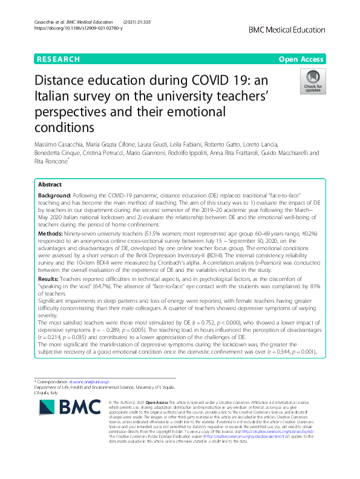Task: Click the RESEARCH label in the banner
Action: click(x=58, y=59)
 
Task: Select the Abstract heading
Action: click(x=50, y=184)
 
